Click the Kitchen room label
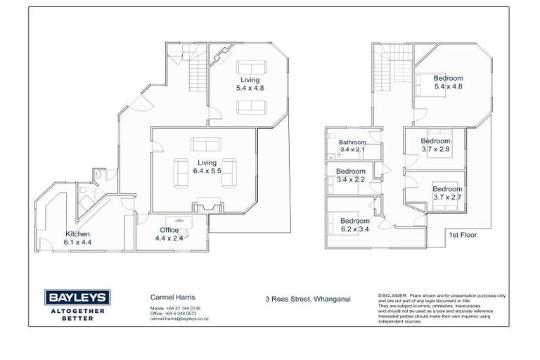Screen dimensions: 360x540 (78, 238)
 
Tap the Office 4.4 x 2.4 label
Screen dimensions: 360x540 (169, 234)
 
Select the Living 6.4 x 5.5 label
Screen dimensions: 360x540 (208, 166)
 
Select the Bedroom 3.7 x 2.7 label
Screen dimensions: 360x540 (447, 193)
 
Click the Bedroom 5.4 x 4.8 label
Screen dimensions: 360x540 (448, 82)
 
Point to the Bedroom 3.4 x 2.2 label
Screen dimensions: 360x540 (350, 176)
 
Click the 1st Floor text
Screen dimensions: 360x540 (463, 235)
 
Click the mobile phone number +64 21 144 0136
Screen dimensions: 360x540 (186, 309)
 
